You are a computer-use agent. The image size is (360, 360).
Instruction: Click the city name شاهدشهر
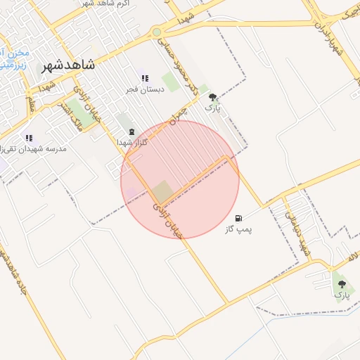(68, 65)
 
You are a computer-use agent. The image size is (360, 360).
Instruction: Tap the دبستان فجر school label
(145, 89)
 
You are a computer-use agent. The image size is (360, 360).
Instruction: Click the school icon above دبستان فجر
(145, 79)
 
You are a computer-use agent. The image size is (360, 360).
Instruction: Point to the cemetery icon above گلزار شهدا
(130, 131)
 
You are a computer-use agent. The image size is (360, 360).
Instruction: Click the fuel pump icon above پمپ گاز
(239, 219)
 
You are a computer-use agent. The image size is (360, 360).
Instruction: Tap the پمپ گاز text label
(238, 229)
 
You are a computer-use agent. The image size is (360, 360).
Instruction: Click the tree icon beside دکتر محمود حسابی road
(212, 98)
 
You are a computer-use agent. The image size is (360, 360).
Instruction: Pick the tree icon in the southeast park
(342, 284)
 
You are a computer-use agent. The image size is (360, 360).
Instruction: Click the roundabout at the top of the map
(156, 32)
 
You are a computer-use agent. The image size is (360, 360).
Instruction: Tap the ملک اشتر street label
(78, 117)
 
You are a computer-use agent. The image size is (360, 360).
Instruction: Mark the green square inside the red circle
(162, 191)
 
